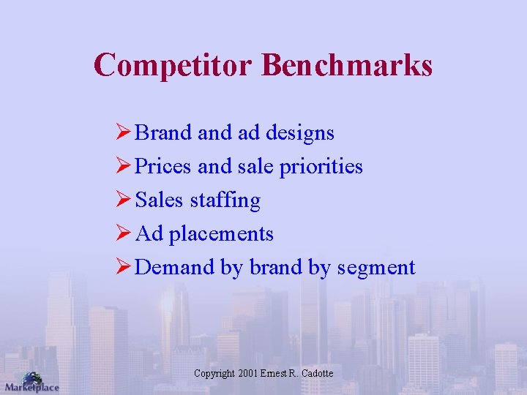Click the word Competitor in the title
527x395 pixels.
[173, 64]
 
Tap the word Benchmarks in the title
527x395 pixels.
[347, 64]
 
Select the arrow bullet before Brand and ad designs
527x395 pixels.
[124, 132]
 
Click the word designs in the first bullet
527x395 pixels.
[300, 133]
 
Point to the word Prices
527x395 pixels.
[164, 167]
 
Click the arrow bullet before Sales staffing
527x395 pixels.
[124, 200]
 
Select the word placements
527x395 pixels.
[221, 234]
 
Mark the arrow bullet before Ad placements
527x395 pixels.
[124, 233]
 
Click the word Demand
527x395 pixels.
[175, 267]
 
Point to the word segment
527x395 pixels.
[376, 268]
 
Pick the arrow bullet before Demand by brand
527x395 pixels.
[124, 267]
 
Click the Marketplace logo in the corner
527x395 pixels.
[31, 382]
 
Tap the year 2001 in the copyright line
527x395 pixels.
[248, 373]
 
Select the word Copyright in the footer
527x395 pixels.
[214, 373]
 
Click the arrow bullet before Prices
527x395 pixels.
[124, 166]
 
